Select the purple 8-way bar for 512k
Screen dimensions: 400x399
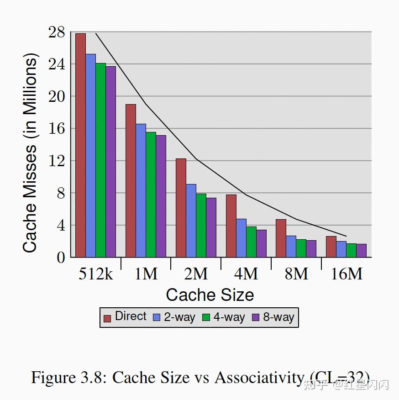point(110,162)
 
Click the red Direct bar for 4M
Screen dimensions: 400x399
point(231,226)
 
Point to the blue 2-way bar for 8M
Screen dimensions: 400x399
point(291,246)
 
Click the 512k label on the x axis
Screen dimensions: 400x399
point(96,274)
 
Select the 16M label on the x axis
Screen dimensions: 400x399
point(346,274)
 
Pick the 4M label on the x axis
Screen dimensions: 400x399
point(246,274)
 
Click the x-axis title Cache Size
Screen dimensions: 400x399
point(210,295)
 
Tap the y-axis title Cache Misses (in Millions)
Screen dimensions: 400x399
point(30,153)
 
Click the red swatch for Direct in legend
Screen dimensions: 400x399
point(107,318)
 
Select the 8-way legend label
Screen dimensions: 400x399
point(278,317)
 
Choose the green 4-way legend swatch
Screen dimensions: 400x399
point(206,318)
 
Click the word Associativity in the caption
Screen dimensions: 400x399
point(258,378)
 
